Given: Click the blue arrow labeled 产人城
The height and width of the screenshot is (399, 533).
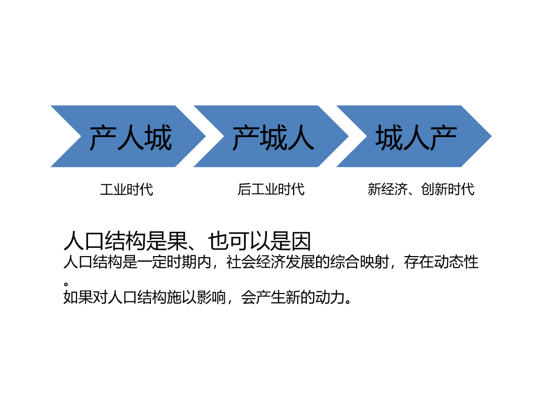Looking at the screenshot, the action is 130,136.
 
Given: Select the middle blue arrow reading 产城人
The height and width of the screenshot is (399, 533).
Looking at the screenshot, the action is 273,136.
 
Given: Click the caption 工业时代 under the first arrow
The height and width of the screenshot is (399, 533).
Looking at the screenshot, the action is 126,189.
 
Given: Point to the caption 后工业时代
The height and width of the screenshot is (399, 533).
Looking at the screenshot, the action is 271,189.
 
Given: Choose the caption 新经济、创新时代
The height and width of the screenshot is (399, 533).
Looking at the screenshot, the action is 421,189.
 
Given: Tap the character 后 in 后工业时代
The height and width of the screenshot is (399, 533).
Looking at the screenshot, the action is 244,189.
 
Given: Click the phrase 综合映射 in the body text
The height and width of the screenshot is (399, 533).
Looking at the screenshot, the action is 359,262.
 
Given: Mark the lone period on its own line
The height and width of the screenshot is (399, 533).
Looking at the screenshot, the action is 67,284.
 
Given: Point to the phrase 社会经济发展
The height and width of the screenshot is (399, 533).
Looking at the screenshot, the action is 271,262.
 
